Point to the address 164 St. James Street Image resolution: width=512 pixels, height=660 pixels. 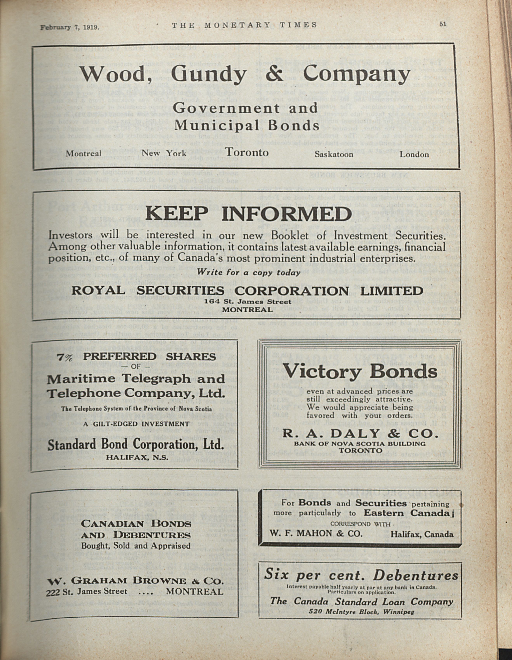click(x=247, y=302)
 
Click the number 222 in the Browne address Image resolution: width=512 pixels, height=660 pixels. click(x=53, y=592)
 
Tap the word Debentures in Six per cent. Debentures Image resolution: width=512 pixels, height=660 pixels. click(x=415, y=575)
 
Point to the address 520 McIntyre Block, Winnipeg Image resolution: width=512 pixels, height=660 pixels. click(x=361, y=604)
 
